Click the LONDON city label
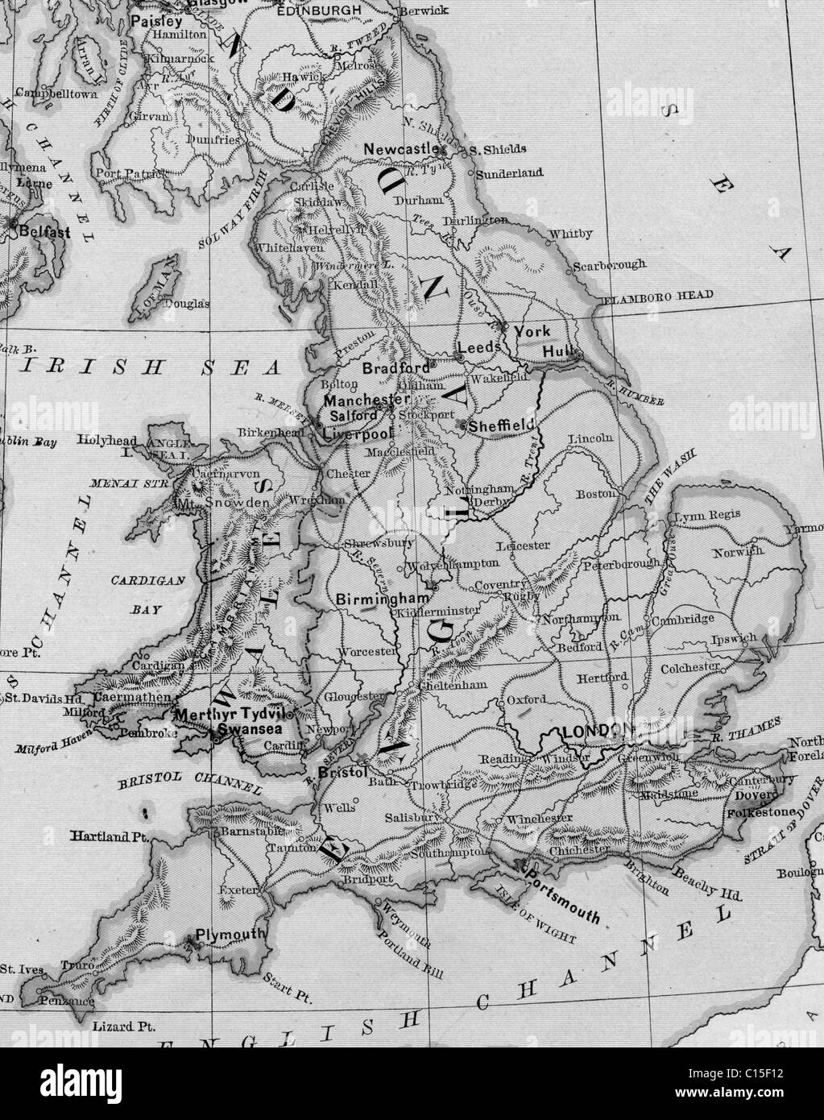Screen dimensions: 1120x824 (x=595, y=731)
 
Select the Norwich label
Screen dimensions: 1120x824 (x=737, y=552)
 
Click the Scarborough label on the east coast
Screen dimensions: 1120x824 (x=610, y=263)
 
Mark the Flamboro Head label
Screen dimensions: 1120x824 (x=658, y=297)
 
